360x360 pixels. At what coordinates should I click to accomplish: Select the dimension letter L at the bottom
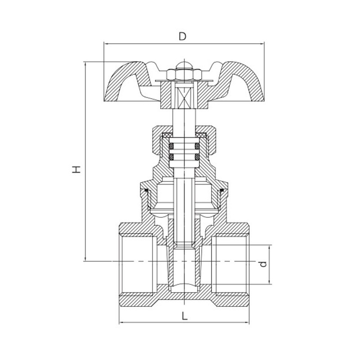pyautogui.click(x=184, y=316)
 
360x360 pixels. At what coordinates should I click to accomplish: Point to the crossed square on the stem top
pyautogui.click(x=183, y=97)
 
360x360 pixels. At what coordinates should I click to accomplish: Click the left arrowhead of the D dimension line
pyautogui.click(x=106, y=44)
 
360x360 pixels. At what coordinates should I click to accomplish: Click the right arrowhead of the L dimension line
pyautogui.click(x=247, y=322)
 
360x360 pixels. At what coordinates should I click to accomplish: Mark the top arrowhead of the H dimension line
pyautogui.click(x=84, y=64)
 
